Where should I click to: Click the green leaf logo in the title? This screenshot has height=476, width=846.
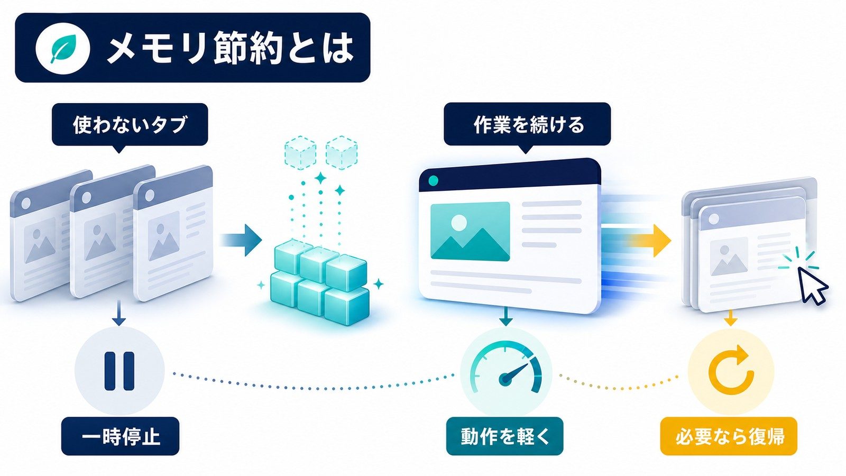63,48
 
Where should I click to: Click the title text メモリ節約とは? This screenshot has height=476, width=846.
231,48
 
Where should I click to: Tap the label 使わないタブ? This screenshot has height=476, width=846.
130,125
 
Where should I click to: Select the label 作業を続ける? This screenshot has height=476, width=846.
527,124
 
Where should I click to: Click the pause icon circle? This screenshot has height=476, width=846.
119,371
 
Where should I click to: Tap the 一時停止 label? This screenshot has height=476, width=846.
120,436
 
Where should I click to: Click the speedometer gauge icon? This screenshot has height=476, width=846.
506,368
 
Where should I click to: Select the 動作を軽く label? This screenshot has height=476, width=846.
504,436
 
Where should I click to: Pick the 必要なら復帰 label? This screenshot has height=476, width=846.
729,436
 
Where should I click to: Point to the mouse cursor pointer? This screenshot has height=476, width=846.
812,285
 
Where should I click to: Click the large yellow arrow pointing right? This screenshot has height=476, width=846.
650,241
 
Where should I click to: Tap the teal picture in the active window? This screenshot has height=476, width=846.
470,232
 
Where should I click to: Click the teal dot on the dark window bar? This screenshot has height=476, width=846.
433,181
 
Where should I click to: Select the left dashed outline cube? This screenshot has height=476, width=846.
300,152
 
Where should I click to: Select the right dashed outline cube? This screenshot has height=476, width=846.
342,152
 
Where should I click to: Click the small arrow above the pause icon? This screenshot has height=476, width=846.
119,313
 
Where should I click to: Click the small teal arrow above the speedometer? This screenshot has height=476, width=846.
505,317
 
